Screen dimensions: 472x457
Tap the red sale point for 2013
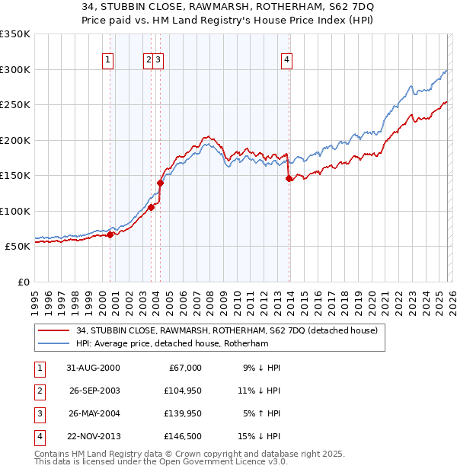pyautogui.click(x=289, y=179)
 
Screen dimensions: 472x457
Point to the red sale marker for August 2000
pyautogui.click(x=110, y=234)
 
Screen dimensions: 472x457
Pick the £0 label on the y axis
pyautogui.click(x=23, y=282)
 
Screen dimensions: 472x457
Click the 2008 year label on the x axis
pyautogui.click(x=209, y=303)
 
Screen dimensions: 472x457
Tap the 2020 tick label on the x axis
pyautogui.click(x=371, y=303)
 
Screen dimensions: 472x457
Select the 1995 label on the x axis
pyautogui.click(x=35, y=303)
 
